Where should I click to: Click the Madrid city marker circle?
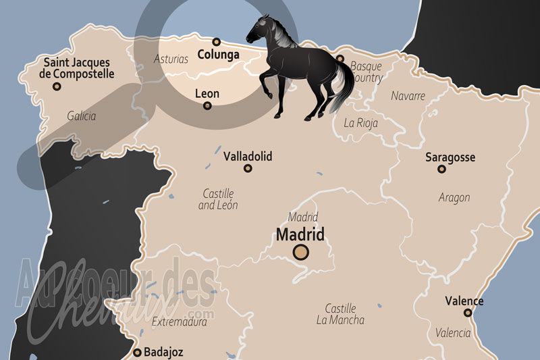(x=300, y=253)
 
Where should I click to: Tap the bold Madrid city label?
(x=300, y=234)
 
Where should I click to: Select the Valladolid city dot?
(x=248, y=168)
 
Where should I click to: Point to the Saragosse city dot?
(x=442, y=169)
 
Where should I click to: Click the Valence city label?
(x=464, y=301)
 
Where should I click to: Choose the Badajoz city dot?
(x=138, y=352)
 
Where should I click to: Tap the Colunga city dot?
(x=217, y=42)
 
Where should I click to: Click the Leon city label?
(x=207, y=93)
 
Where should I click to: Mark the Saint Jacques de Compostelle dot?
(x=57, y=86)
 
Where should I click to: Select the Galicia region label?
(x=82, y=116)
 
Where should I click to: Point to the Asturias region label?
(x=171, y=59)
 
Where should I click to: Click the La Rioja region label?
(x=361, y=123)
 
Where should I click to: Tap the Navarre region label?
(x=408, y=96)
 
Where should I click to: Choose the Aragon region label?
(x=454, y=198)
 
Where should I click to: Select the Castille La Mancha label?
(x=340, y=314)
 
